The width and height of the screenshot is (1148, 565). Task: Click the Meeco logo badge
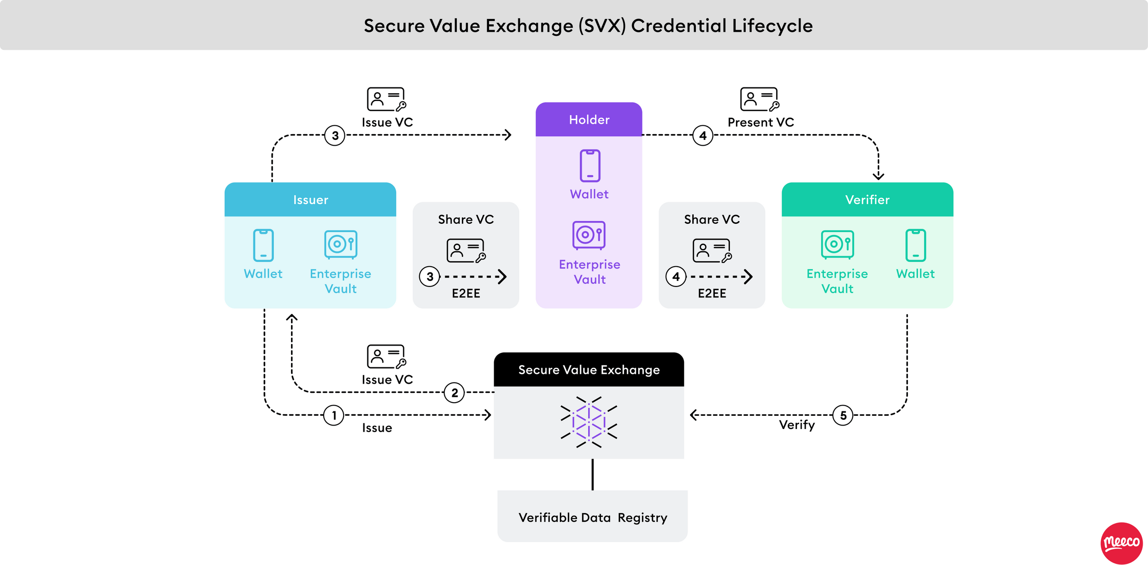[1121, 543]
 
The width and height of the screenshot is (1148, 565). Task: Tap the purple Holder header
[589, 120]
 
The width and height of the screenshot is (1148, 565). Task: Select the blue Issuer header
[310, 200]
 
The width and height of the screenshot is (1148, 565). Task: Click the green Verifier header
[867, 200]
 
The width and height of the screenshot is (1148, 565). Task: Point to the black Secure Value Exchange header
[589, 369]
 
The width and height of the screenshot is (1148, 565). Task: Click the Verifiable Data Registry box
[592, 517]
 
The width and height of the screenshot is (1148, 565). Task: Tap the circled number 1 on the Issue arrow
[334, 415]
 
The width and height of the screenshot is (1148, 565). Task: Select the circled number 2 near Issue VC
[454, 392]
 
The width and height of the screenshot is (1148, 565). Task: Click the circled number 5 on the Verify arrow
[843, 415]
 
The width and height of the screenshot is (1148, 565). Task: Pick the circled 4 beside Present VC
[703, 136]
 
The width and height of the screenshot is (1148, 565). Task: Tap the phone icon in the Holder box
[589, 166]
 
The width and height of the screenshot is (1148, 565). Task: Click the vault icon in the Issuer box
[340, 244]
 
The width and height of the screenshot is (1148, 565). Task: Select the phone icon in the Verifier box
[915, 245]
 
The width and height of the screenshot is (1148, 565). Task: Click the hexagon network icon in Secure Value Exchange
[589, 422]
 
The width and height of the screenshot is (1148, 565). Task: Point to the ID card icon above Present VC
[759, 99]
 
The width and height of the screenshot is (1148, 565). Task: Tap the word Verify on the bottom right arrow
[797, 425]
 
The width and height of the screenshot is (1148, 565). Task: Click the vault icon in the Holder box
[589, 235]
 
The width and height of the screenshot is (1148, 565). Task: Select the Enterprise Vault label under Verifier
[837, 281]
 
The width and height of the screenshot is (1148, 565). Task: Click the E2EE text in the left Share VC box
[466, 293]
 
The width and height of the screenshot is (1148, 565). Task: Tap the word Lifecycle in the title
[772, 26]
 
